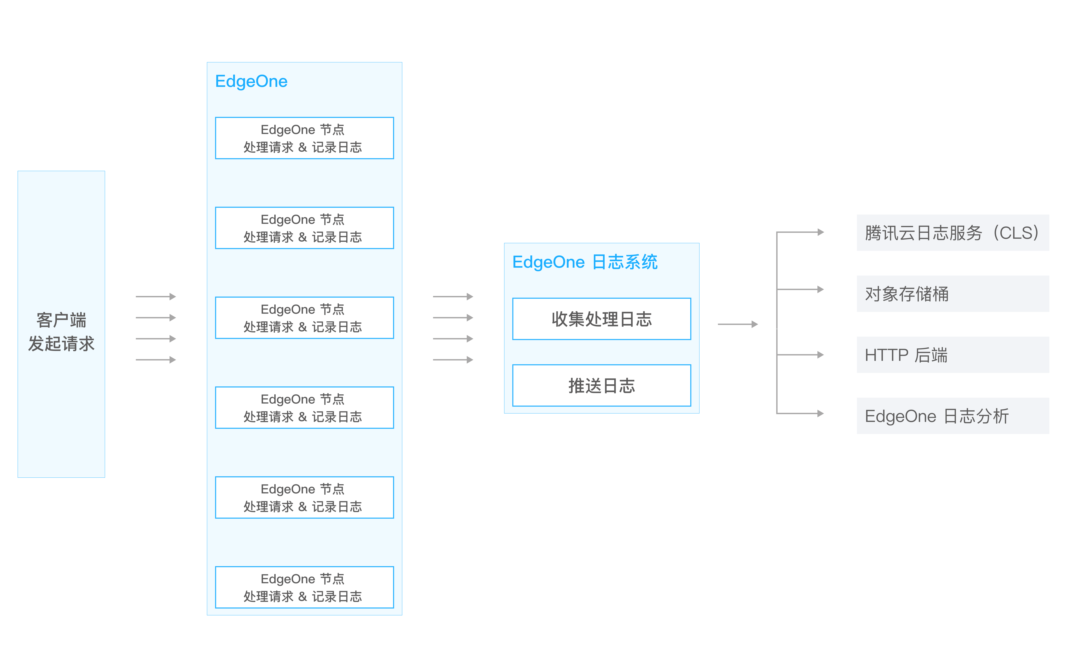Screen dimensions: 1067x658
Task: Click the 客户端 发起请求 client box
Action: (x=61, y=324)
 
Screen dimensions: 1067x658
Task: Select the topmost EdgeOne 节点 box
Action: (x=305, y=138)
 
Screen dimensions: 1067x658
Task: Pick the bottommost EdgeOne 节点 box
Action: (x=305, y=587)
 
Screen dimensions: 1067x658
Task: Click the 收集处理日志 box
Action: (x=602, y=319)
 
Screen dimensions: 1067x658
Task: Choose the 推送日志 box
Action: (x=602, y=386)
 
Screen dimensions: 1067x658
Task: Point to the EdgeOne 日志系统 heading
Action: (x=585, y=262)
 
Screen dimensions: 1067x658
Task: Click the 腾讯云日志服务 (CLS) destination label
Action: (x=953, y=233)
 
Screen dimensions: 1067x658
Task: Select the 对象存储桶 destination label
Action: (x=953, y=294)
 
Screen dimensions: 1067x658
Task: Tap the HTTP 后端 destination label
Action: (x=953, y=355)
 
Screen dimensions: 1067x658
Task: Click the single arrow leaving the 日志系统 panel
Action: (x=738, y=324)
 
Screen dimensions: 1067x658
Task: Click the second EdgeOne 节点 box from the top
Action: (x=305, y=228)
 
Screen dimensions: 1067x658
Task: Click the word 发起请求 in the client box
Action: (x=61, y=344)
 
